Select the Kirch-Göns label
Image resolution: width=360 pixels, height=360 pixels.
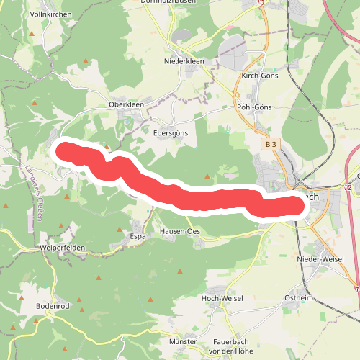tap(259, 75)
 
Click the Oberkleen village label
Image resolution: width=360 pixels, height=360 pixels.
tap(126, 104)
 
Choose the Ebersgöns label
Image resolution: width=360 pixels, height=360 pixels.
tap(171, 132)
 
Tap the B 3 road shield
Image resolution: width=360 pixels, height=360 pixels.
tap(270, 145)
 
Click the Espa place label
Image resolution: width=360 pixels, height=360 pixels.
tap(138, 235)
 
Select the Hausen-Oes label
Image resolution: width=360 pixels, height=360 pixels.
tap(180, 231)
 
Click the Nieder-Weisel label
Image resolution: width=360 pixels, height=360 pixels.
tap(320, 258)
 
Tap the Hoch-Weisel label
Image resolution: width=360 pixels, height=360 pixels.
tap(222, 298)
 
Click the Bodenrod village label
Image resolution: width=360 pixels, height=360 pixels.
tap(52, 305)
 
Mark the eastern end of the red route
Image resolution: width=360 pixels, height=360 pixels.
tap(296, 205)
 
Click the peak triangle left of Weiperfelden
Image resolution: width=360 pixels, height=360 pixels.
tap(6, 207)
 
